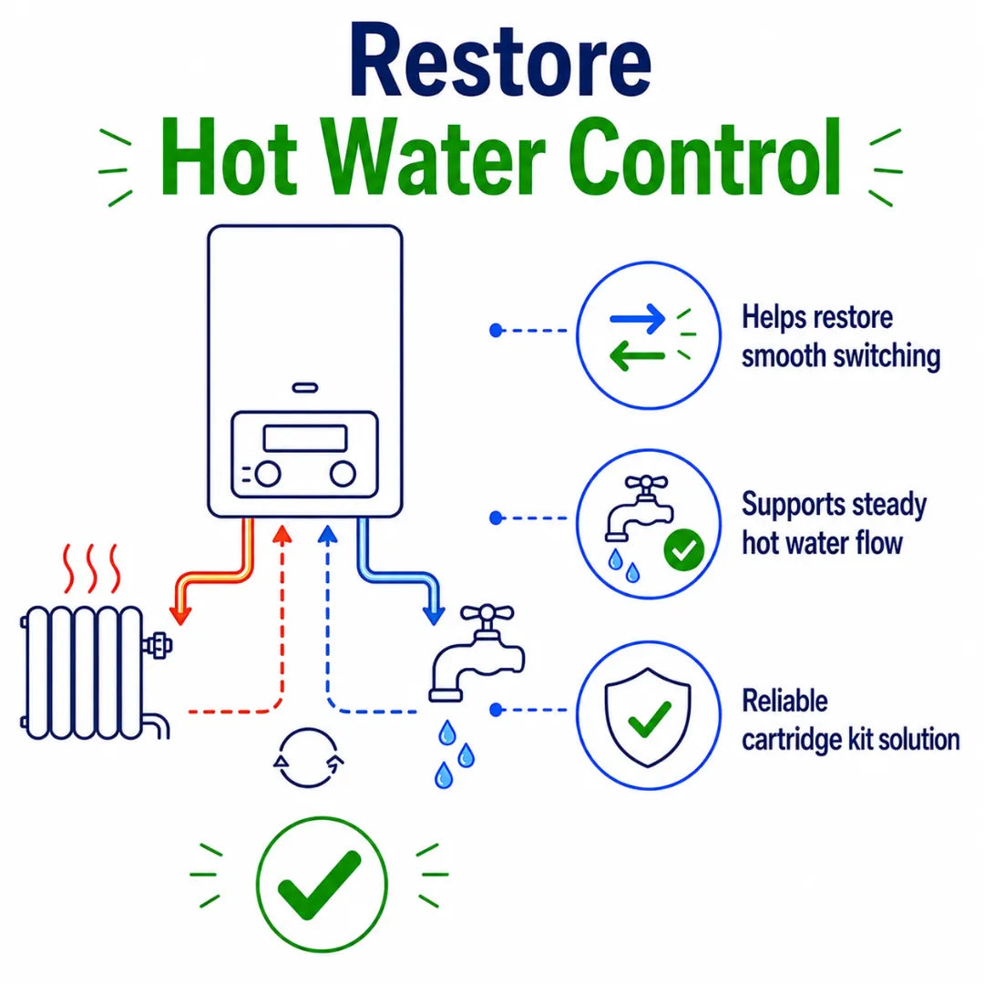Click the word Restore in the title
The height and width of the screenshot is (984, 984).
point(500,62)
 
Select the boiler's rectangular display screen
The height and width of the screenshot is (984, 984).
point(305,438)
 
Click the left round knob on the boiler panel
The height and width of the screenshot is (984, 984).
point(268,474)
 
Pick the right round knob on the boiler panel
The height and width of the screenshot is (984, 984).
point(343,474)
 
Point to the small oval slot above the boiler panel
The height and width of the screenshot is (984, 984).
point(305,388)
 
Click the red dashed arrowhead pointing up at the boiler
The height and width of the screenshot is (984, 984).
point(282,534)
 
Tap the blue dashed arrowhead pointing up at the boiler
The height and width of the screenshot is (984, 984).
point(328,534)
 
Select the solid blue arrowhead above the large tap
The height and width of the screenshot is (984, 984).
point(434,616)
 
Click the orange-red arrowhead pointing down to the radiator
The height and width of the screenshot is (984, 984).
point(180,616)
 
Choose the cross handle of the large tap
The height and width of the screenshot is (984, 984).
point(487,614)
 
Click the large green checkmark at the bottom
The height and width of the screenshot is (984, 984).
point(320,885)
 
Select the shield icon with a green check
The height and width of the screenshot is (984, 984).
point(648,717)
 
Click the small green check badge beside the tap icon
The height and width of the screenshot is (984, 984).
point(684,550)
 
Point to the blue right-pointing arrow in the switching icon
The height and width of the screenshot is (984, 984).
point(637,319)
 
